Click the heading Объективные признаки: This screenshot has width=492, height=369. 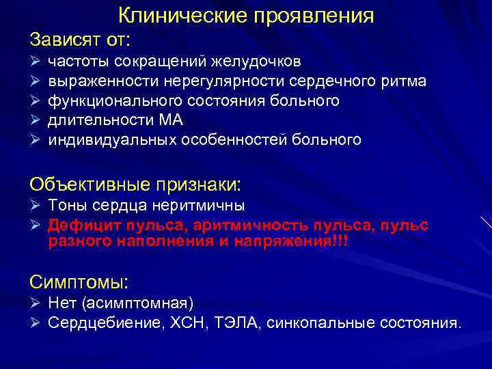tap(135, 184)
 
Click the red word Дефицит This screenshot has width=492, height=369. tap(79, 225)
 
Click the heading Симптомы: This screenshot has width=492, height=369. tap(80, 282)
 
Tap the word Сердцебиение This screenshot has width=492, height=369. tap(105, 323)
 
